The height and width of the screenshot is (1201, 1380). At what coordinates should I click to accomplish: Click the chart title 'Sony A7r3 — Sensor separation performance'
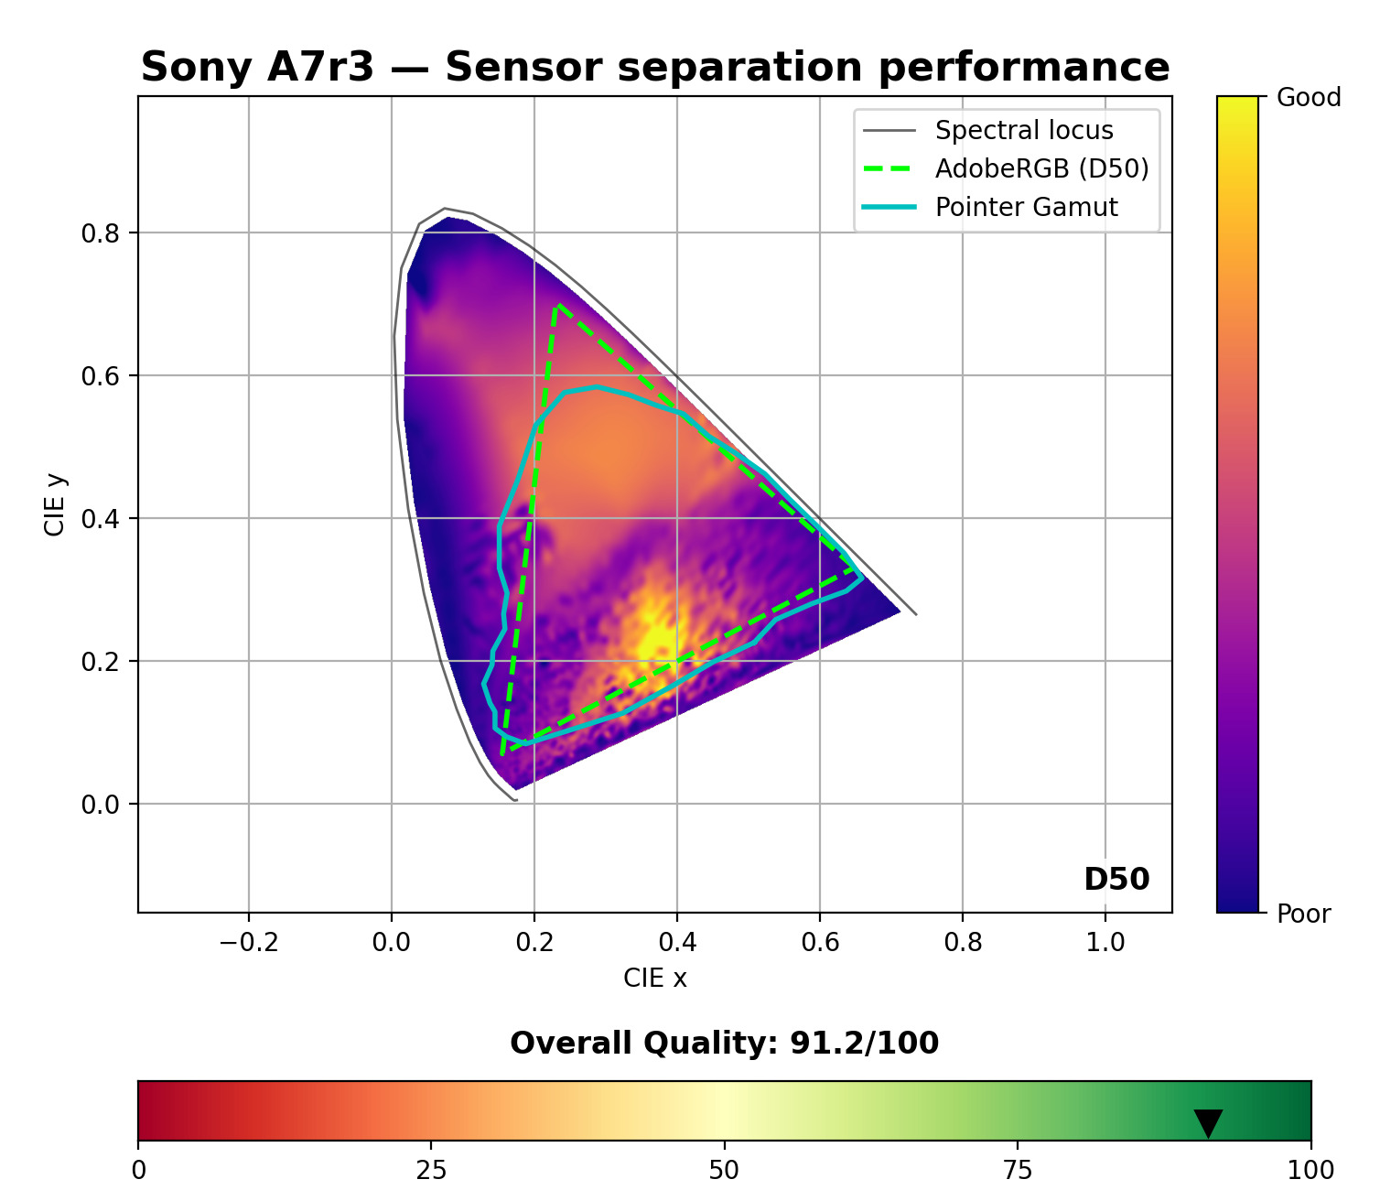[x=655, y=68]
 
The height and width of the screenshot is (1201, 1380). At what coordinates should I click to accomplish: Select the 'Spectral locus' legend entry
[x=1023, y=131]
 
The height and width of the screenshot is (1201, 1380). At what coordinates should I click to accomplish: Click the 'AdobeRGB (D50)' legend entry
[x=1041, y=169]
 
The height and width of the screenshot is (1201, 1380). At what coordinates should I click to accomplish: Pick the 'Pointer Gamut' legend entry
[x=1026, y=208]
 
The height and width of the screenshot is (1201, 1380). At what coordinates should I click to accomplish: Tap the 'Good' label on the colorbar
[x=1309, y=98]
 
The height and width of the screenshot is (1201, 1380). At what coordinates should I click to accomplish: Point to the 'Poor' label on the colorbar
[x=1303, y=914]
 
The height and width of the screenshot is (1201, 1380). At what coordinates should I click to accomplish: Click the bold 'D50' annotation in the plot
[x=1116, y=880]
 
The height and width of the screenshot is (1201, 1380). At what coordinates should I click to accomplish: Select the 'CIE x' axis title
[x=655, y=979]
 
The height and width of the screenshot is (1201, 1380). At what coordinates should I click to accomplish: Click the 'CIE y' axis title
[x=56, y=504]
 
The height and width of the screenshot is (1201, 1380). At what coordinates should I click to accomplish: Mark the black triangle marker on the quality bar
[x=1208, y=1122]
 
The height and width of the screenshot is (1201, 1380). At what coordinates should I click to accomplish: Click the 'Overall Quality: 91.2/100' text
[x=724, y=1044]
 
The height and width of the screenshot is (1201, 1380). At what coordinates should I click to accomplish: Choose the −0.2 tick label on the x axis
[x=249, y=943]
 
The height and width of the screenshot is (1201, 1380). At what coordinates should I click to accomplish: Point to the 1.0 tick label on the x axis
[x=1105, y=943]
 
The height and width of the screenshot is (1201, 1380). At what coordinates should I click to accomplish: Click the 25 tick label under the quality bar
[x=431, y=1170]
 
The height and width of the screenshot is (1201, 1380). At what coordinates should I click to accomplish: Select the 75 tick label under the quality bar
[x=1018, y=1170]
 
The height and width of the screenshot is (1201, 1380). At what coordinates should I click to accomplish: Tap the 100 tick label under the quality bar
[x=1310, y=1170]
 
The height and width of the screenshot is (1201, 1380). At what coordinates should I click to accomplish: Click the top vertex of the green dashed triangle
[x=557, y=305]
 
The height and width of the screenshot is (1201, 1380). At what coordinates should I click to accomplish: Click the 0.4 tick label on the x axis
[x=677, y=943]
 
